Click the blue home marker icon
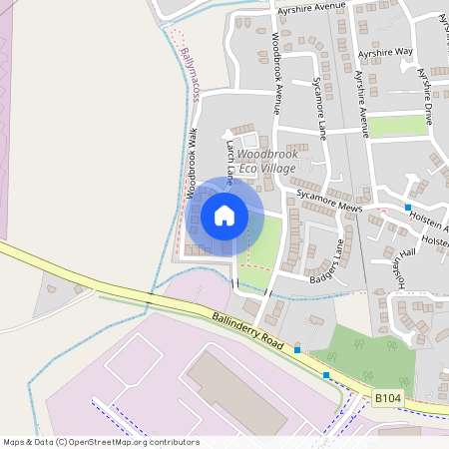pyautogui.click(x=224, y=216)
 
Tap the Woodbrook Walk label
pyautogui.click(x=190, y=166)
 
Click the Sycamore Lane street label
pyautogui.click(x=319, y=105)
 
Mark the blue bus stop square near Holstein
pyautogui.click(x=407, y=208)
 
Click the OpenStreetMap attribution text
pyautogui.click(x=101, y=442)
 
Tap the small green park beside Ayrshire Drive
pyautogui.click(x=398, y=127)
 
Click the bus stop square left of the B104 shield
pyautogui.click(x=326, y=375)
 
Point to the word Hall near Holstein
pyautogui.click(x=407, y=252)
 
